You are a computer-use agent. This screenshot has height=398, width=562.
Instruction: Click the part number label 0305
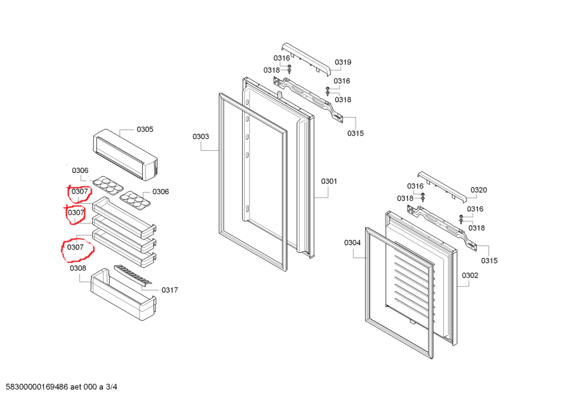[144, 129]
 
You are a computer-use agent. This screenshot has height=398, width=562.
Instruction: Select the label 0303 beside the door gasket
[201, 137]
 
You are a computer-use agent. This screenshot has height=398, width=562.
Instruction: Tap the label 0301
[329, 181]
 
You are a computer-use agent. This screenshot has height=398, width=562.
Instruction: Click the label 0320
[478, 190]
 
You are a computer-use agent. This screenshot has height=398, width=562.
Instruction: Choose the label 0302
[470, 275]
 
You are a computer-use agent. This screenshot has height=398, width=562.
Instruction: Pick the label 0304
[352, 243]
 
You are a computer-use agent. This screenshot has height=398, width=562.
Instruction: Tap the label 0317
[170, 290]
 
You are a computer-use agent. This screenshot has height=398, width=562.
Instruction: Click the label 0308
[78, 269]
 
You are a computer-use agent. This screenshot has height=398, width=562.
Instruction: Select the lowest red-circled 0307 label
[75, 247]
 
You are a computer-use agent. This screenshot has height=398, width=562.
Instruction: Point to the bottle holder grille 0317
[133, 275]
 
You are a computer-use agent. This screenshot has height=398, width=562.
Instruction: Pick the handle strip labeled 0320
[442, 186]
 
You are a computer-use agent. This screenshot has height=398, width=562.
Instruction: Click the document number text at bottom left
[62, 388]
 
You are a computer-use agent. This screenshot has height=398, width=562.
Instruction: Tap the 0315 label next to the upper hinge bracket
[355, 133]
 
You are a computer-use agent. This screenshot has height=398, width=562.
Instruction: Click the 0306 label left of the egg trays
[80, 171]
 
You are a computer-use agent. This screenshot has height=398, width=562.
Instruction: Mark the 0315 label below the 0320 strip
[489, 261]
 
